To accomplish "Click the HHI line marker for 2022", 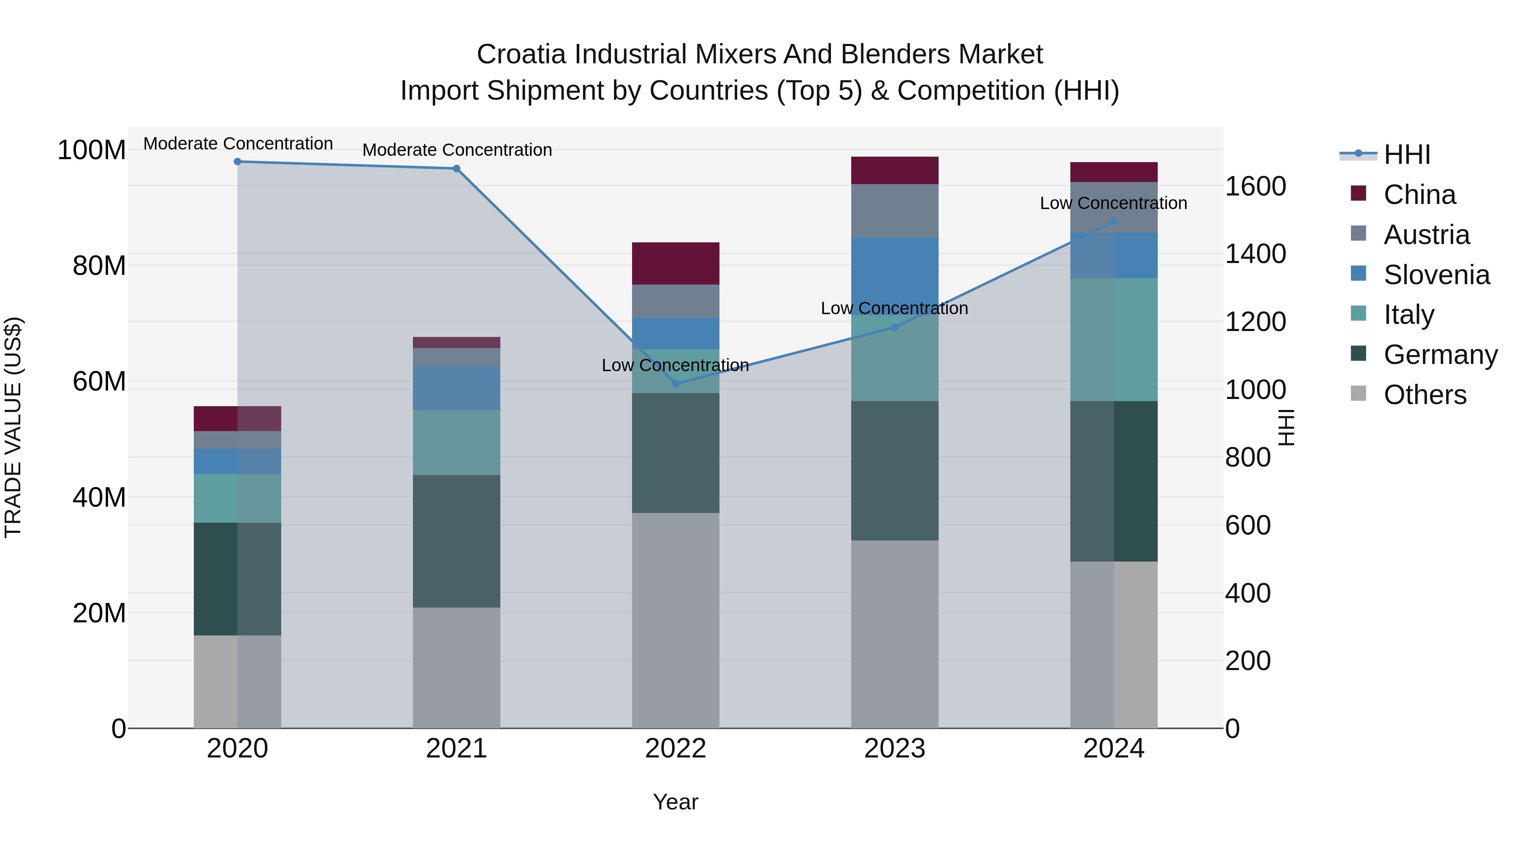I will coord(676,383).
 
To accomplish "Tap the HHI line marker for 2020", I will coord(237,162).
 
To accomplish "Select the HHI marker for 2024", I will coord(1113,222).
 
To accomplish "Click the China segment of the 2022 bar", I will coord(676,263).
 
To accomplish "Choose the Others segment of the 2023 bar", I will coord(895,634).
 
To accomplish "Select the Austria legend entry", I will coord(1426,235).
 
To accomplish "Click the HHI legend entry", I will coord(1407,155).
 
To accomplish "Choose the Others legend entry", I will coord(1425,395).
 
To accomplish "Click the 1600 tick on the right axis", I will coord(1256,187).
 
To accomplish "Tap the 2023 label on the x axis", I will coord(895,749).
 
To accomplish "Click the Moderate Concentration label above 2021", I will coord(457,150).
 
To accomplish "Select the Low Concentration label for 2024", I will coord(1113,203).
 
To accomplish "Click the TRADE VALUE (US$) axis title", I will coord(13,427).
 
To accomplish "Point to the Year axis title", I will coord(676,802).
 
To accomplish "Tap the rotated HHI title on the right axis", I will coord(1287,427).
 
